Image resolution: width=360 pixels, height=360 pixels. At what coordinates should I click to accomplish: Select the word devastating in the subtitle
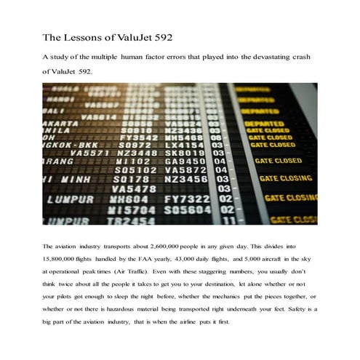click(269, 56)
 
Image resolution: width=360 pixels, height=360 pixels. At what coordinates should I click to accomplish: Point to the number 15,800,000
click(66, 260)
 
